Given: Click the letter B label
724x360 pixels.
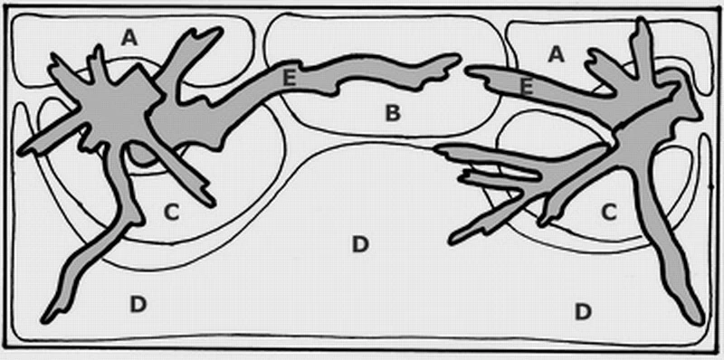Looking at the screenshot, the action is (x=393, y=113).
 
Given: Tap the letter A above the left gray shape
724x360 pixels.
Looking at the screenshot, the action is (x=129, y=39).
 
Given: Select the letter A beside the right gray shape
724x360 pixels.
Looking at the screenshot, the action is (x=557, y=55).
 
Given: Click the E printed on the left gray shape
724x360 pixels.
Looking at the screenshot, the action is (x=289, y=79).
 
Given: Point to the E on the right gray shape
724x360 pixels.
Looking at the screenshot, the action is (x=527, y=87).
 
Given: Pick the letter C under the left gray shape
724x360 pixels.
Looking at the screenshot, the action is (x=171, y=213).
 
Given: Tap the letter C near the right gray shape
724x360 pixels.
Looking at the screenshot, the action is (x=609, y=212).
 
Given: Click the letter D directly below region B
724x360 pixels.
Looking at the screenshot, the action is (x=359, y=244).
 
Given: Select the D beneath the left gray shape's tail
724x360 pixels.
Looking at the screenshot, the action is (x=138, y=304).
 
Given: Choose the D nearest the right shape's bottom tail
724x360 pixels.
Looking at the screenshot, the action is (x=583, y=312).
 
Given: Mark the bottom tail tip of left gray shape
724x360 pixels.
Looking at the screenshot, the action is (x=44, y=319).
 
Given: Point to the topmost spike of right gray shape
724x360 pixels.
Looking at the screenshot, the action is (x=642, y=21).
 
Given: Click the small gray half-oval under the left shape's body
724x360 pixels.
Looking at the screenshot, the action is (x=142, y=156).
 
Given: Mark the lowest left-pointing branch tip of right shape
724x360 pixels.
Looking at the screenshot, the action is (x=453, y=240).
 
